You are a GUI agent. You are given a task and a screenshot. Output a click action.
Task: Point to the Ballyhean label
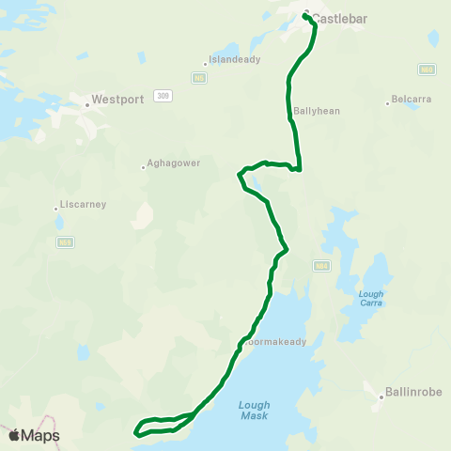[316, 110]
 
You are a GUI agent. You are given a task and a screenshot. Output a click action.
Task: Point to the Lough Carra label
[371, 298]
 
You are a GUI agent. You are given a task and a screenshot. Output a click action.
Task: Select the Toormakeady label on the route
[275, 342]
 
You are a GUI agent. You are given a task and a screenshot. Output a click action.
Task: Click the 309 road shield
[164, 95]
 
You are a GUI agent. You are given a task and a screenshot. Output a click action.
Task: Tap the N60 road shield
[428, 70]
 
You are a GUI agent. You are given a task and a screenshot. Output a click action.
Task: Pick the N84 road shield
[321, 266]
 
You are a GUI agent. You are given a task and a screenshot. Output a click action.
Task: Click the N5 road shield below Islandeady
[198, 78]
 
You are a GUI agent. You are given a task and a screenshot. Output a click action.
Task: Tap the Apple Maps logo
[34, 435]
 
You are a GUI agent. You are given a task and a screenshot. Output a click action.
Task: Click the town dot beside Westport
[86, 104]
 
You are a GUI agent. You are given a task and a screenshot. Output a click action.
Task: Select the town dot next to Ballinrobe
[381, 397]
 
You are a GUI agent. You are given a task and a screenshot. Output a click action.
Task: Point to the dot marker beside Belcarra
[387, 102]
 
